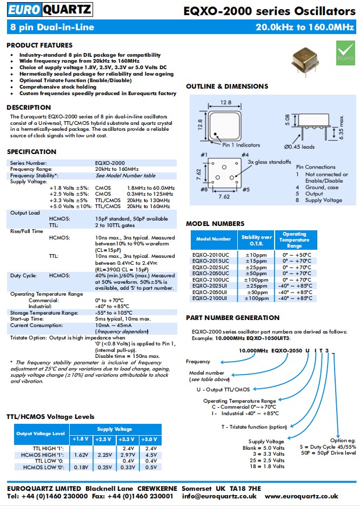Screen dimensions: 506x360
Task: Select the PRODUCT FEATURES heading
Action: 39,45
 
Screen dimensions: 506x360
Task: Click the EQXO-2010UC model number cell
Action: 210,254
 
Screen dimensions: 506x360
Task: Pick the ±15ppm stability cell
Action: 256,261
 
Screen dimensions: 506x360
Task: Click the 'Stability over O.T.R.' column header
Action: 256,239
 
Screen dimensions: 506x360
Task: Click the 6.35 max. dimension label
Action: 342,126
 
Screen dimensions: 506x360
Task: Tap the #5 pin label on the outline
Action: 245,190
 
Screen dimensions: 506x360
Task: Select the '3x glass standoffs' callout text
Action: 269,162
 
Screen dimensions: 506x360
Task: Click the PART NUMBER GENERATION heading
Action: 232,318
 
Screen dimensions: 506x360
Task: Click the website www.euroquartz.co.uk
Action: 302,496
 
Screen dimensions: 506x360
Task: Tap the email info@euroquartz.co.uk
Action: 219,496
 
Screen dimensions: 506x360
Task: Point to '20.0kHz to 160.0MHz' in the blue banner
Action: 304,27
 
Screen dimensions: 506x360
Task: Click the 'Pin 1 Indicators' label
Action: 241,145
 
